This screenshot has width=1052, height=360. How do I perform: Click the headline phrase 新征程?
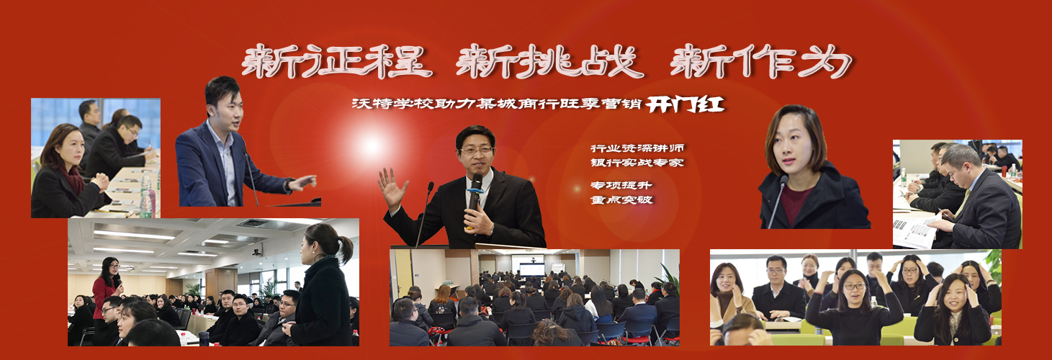(337, 61)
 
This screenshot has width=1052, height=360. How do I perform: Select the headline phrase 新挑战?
(549, 61)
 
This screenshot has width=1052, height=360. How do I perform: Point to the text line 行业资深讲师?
(631, 148)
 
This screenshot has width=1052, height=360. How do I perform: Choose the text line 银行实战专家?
(631, 163)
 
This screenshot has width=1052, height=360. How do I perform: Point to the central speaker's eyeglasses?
(477, 151)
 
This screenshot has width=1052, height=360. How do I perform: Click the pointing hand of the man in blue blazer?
(302, 182)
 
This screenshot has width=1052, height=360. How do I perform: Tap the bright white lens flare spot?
(371, 146)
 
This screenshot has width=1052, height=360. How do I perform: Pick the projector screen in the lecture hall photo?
(532, 267)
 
